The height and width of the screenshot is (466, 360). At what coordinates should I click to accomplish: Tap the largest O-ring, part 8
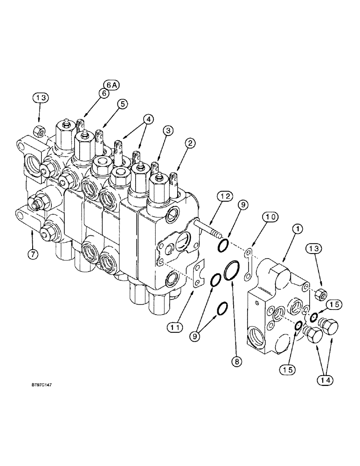(232, 271)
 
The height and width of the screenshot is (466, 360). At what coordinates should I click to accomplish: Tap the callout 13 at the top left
(40, 98)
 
